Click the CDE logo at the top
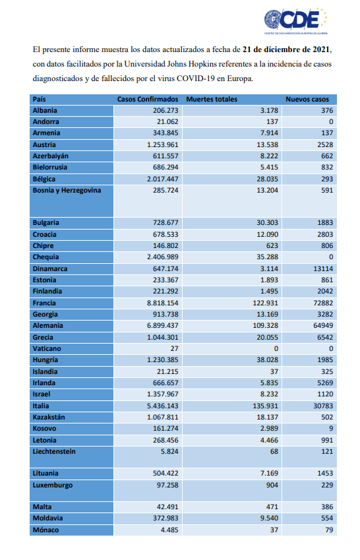pyautogui.click(x=295, y=21)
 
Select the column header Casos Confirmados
pyautogui.click(x=148, y=100)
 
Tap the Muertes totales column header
pyautogui.click(x=212, y=100)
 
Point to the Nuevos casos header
pyautogui.click(x=307, y=100)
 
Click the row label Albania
pyautogui.click(x=45, y=110)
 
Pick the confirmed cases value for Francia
pyautogui.click(x=162, y=303)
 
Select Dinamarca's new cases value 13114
pyautogui.click(x=323, y=268)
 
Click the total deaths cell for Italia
pyautogui.click(x=265, y=406)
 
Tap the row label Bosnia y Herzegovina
pyautogui.click(x=67, y=191)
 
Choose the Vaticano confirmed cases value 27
pyautogui.click(x=174, y=348)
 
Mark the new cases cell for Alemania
pyautogui.click(x=323, y=325)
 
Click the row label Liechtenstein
pyautogui.click(x=54, y=451)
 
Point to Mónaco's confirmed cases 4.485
pyautogui.click(x=169, y=530)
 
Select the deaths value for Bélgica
pyautogui.click(x=267, y=179)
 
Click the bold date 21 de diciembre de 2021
pyautogui.click(x=286, y=49)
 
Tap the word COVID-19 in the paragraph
pyautogui.click(x=196, y=78)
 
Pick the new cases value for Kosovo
pyautogui.click(x=331, y=428)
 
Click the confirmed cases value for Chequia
pyautogui.click(x=162, y=257)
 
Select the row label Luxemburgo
pyautogui.click(x=53, y=485)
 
